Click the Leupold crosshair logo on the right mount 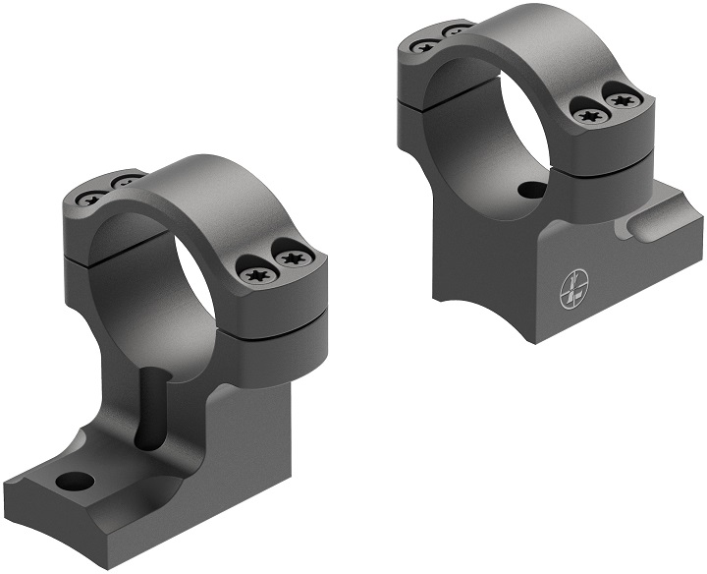click(573, 287)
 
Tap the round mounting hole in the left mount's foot click(76, 481)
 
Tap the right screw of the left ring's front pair click(292, 259)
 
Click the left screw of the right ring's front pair click(589, 116)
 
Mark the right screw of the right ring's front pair click(621, 98)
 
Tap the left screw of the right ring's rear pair click(425, 45)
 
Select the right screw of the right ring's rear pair click(456, 32)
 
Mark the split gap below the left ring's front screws click(280, 313)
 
